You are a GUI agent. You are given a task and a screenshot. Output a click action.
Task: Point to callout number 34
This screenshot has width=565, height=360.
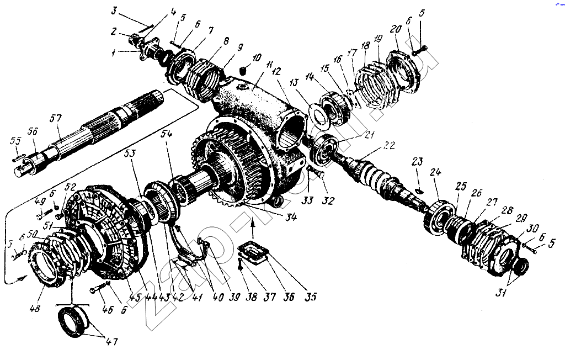pyautogui.click(x=291, y=217)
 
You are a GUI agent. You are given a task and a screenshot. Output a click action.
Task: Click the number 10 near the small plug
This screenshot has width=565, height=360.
pyautogui.click(x=257, y=59)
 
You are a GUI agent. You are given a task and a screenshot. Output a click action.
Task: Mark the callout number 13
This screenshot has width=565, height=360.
pyautogui.click(x=294, y=82)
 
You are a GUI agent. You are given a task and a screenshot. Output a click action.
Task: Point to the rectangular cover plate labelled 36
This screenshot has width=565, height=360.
pyautogui.click(x=253, y=255)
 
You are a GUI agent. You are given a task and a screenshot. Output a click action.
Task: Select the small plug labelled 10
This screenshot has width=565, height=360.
pyautogui.click(x=243, y=70)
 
